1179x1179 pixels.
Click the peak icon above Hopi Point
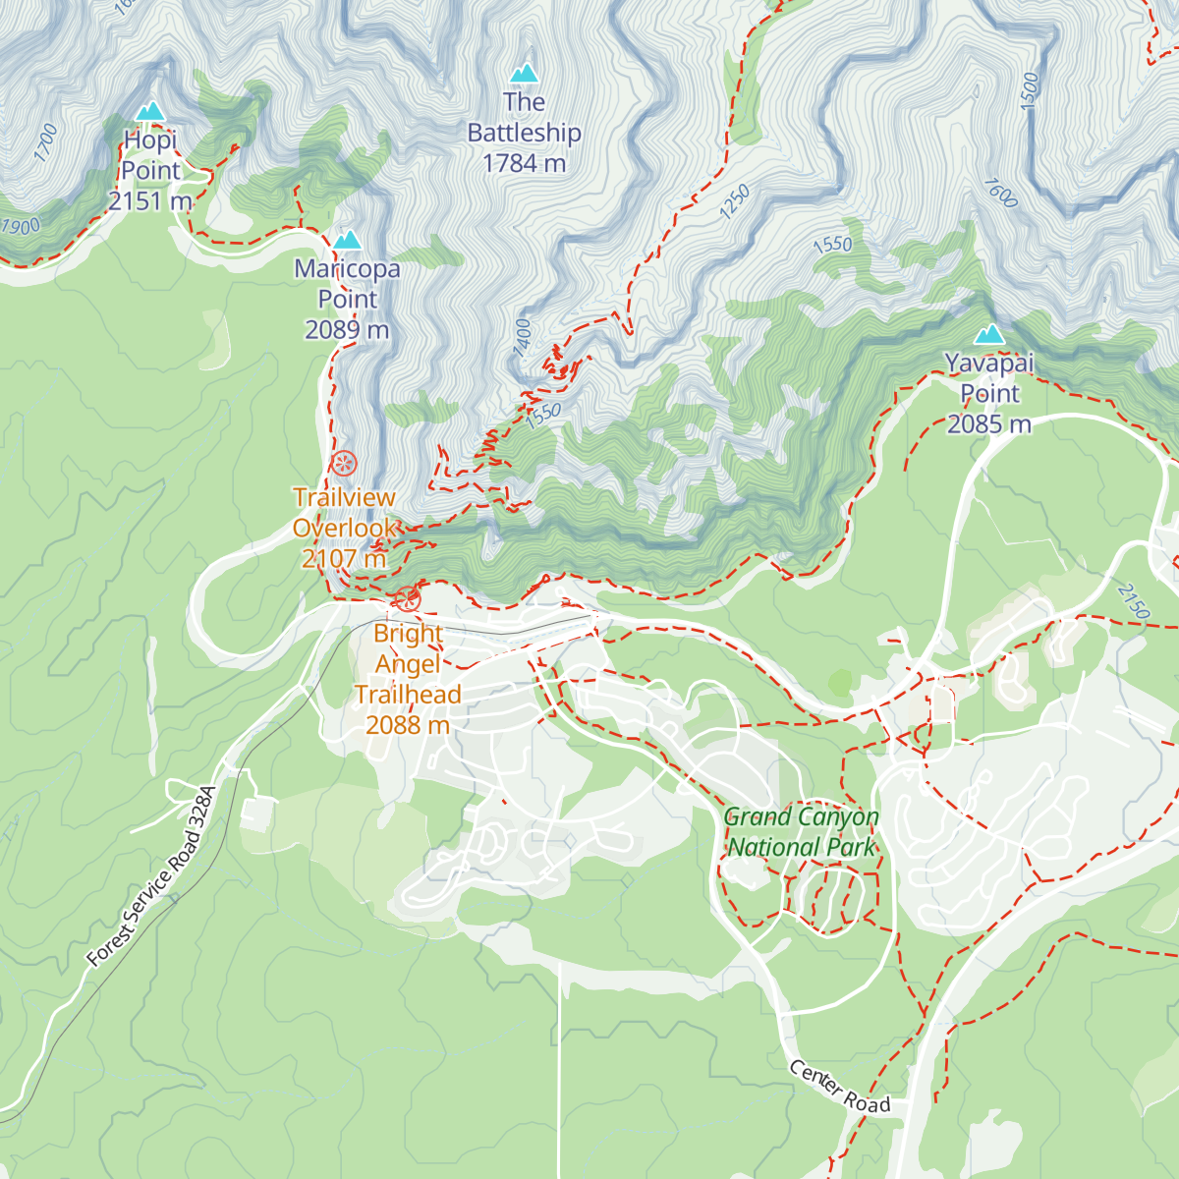click(x=149, y=111)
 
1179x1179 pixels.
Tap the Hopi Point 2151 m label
click(x=150, y=171)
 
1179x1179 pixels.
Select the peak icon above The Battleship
click(x=524, y=74)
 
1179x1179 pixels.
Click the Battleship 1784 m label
click(x=524, y=133)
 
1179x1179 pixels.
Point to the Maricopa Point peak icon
click(x=347, y=241)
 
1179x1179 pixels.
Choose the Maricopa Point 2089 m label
click(x=347, y=299)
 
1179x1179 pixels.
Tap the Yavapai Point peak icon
click(x=989, y=335)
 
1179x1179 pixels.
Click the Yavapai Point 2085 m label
click(x=989, y=393)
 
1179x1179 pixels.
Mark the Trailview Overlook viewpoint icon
click(x=344, y=464)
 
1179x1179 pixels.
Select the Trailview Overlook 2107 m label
click(x=345, y=528)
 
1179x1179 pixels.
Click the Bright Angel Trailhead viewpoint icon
click(x=407, y=598)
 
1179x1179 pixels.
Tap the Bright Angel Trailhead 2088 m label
click(x=408, y=679)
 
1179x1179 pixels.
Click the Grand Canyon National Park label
click(x=801, y=831)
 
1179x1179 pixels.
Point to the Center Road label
click(x=840, y=1087)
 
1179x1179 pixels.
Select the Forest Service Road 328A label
click(x=150, y=876)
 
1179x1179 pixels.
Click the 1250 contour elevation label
click(x=735, y=202)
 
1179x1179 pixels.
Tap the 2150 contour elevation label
click(x=1133, y=601)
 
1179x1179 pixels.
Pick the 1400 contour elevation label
click(x=522, y=336)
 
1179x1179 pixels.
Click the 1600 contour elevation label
click(x=999, y=193)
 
